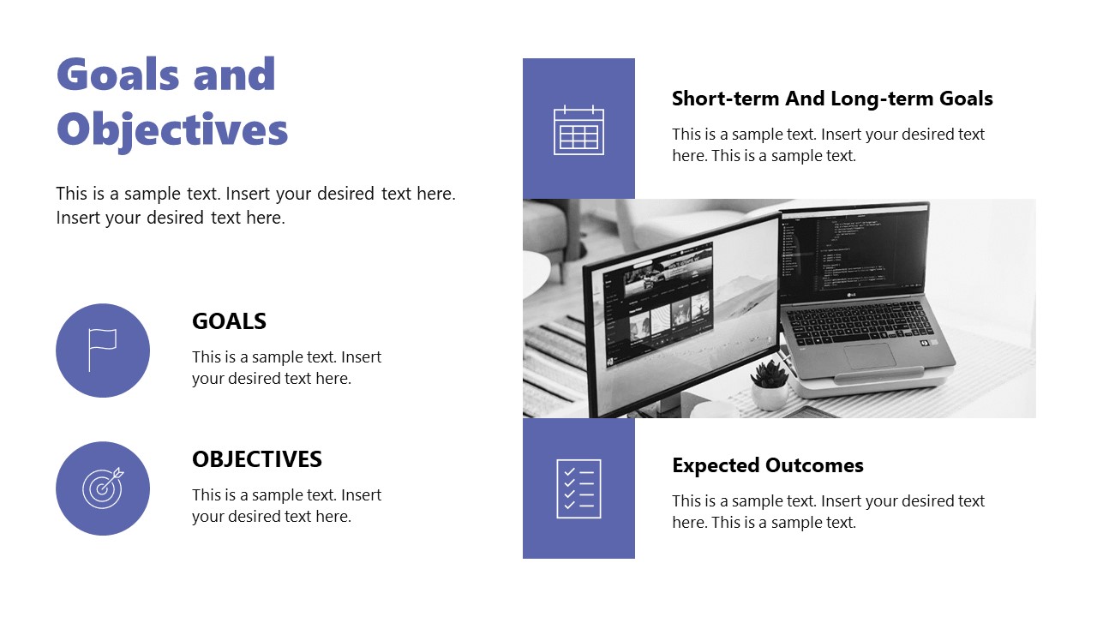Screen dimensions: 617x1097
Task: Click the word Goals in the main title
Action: coord(117,75)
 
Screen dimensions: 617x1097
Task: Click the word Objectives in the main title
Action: coord(171,130)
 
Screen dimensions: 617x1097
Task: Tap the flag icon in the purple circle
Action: coord(102,350)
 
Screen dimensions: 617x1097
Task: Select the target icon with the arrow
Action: coord(103,488)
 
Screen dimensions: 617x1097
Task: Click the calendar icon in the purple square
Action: coord(578,130)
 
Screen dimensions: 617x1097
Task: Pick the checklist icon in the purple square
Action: coord(578,488)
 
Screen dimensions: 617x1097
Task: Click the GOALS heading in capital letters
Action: coord(229,321)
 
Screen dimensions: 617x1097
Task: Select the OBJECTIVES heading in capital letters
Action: coord(256,459)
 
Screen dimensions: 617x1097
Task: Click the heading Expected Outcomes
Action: coord(767,465)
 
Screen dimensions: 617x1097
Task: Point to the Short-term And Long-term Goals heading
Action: coord(831,99)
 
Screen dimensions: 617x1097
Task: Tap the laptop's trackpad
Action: coord(869,354)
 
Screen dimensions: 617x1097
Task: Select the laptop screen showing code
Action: coord(853,253)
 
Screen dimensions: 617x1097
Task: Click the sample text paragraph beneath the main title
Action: coord(255,206)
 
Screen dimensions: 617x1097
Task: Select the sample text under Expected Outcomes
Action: coord(828,512)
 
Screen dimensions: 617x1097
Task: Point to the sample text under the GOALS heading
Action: coord(286,368)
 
